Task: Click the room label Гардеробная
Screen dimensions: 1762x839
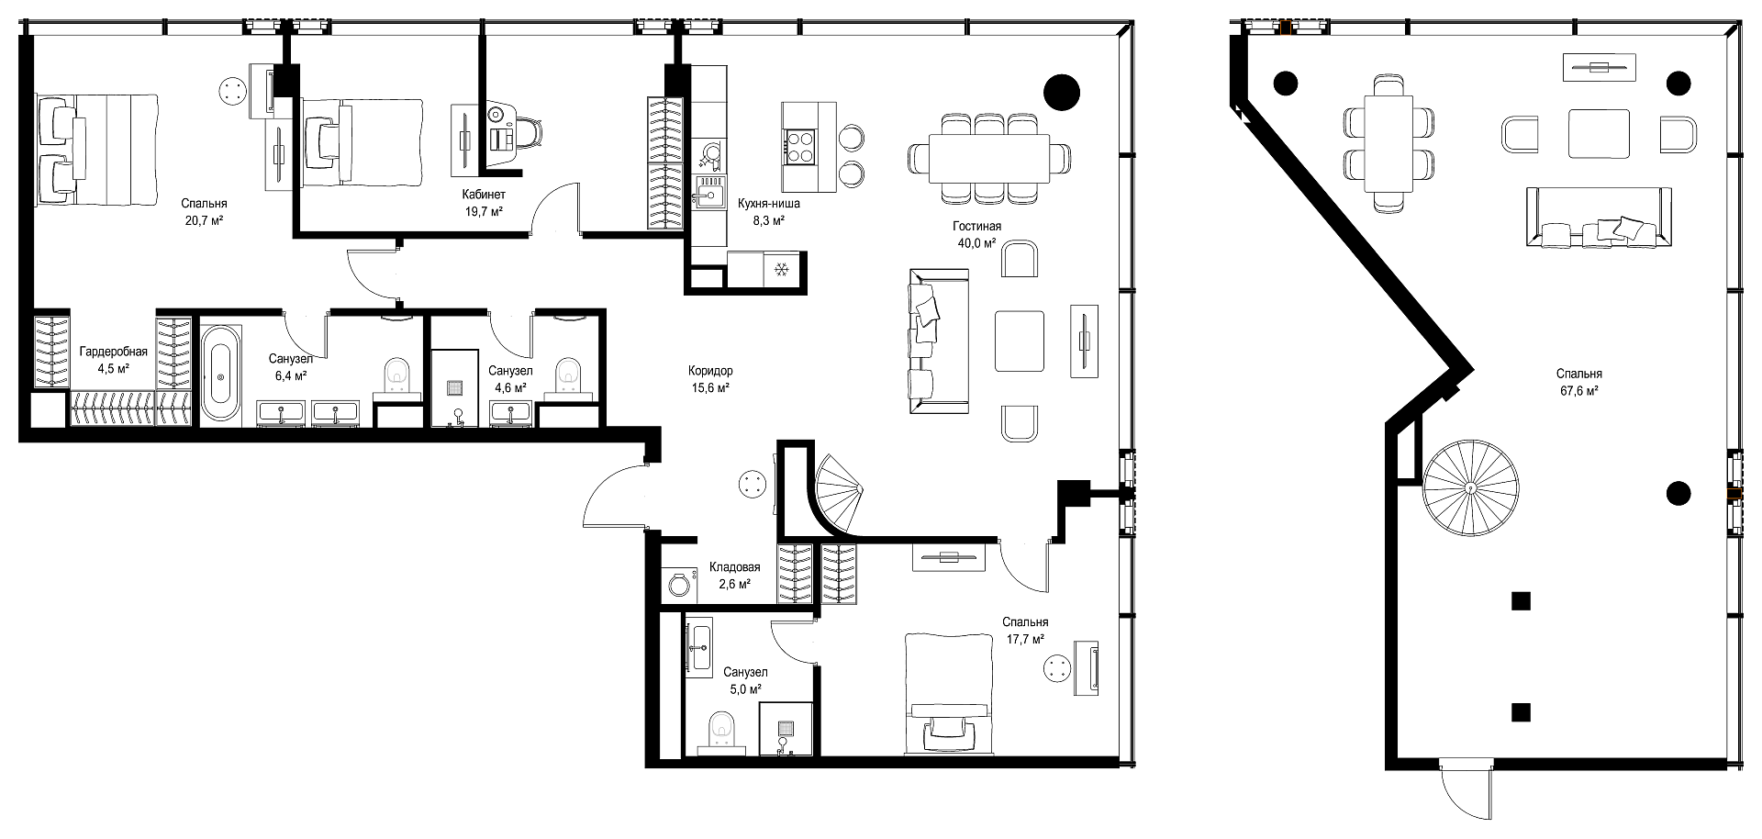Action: coord(114,352)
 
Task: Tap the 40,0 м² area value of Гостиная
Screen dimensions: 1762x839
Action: coord(976,242)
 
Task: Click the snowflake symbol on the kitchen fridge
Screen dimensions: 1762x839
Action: coord(782,270)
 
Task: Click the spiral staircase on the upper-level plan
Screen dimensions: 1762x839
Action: coord(1470,487)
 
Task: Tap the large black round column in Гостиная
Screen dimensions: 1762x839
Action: coord(1062,90)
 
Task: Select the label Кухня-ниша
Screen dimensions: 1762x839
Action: coord(769,204)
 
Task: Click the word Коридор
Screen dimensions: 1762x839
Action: coord(710,371)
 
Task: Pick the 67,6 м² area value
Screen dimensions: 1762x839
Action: coord(1578,391)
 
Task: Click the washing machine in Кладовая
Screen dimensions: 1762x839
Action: coord(680,584)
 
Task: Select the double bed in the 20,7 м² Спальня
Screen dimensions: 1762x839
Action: coord(97,150)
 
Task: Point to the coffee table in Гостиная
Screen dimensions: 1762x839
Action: coord(1020,341)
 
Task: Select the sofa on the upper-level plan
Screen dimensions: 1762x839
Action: coord(1599,217)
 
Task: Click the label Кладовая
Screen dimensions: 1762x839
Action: coord(735,567)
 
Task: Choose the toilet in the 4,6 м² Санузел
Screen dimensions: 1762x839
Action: coord(569,374)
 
